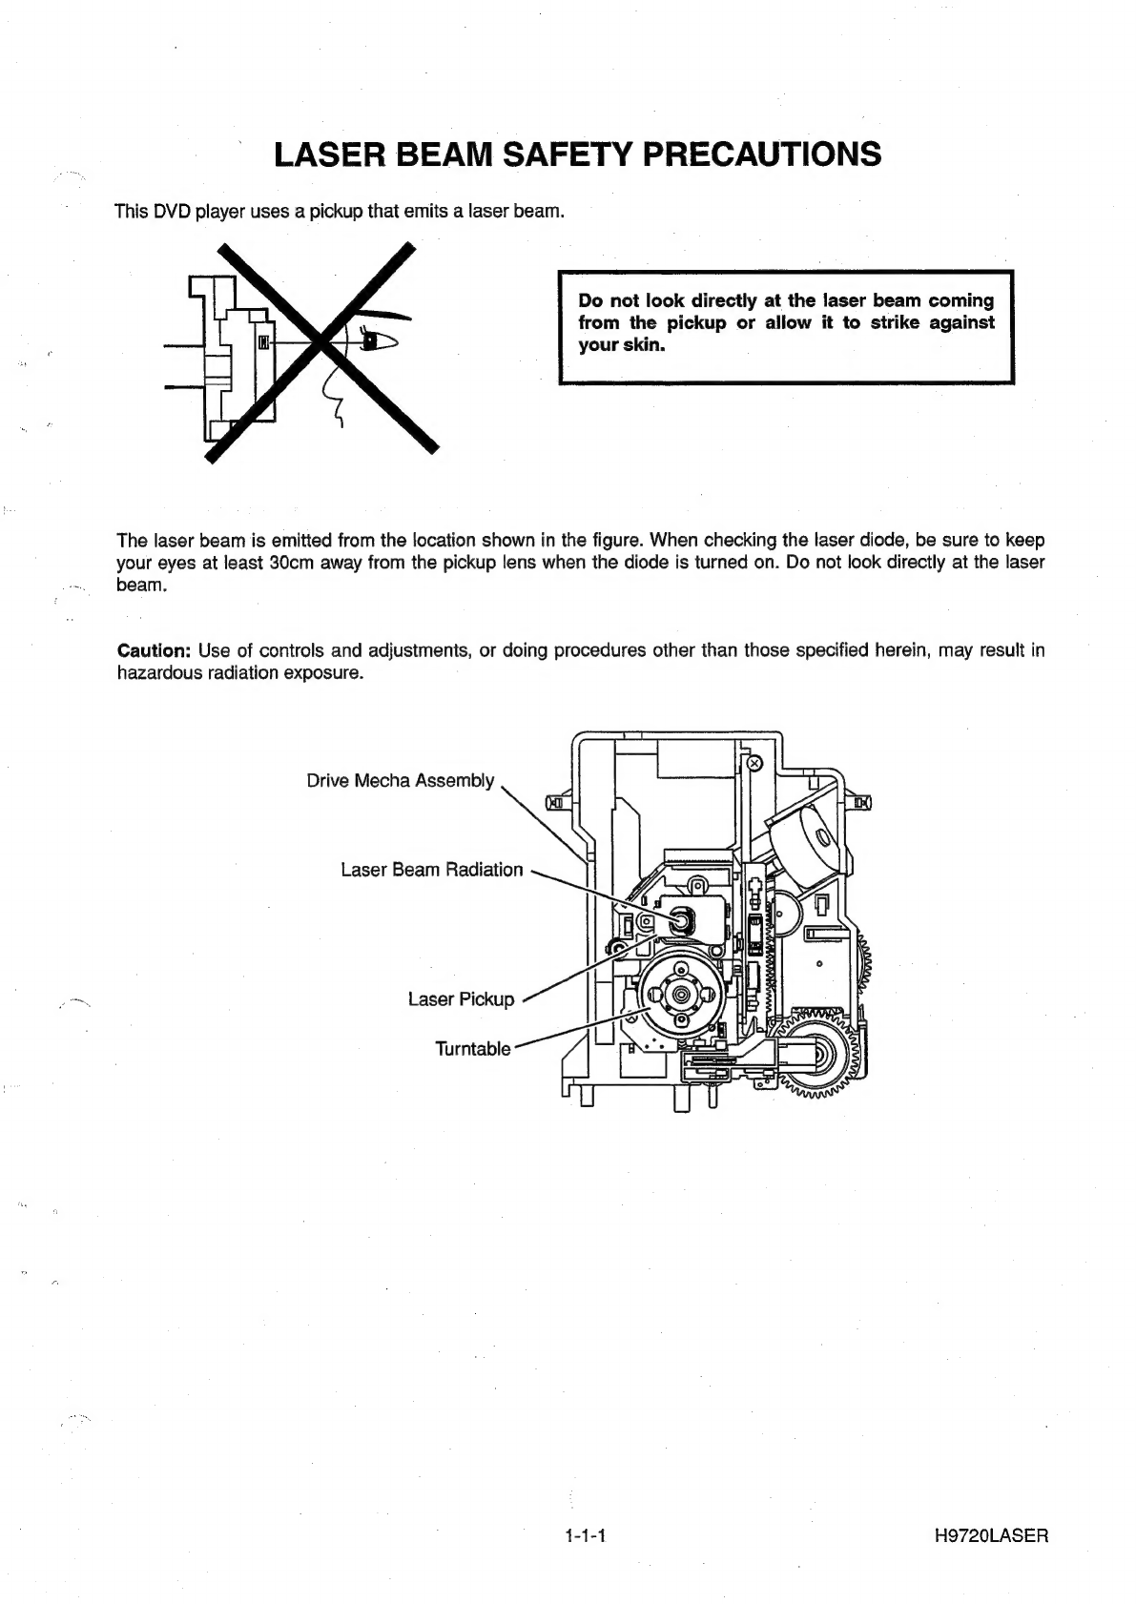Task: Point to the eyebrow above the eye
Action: pos(385,316)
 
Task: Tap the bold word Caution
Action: pos(154,650)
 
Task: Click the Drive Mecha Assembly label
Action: pos(401,781)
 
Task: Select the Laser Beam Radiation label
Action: pos(432,870)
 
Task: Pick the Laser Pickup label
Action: pos(461,999)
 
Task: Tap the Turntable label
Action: pos(473,1049)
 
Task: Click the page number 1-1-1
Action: pos(587,1536)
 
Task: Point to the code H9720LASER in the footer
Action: pos(992,1536)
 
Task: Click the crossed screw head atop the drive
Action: pos(754,764)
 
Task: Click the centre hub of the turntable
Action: pos(680,994)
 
